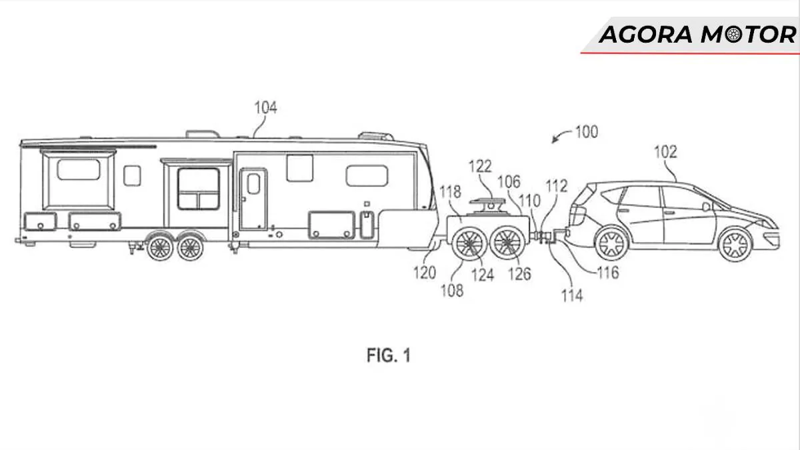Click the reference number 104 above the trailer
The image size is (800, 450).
coord(265,107)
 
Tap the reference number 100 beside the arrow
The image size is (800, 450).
coord(586,132)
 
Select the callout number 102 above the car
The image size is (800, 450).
coord(665,152)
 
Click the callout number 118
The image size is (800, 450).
coord(451,193)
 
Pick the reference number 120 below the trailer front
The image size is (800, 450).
coord(424,272)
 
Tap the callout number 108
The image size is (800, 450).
coord(451,291)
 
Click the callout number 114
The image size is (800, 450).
coord(571,295)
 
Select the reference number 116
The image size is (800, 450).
coord(607,272)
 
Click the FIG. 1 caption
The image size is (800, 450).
coord(389,356)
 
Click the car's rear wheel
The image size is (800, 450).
coord(611,245)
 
